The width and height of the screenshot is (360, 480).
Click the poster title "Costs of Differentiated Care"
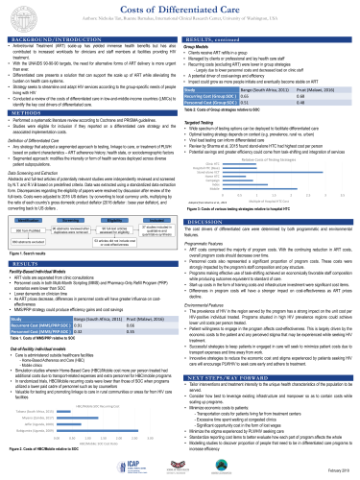[180, 8]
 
